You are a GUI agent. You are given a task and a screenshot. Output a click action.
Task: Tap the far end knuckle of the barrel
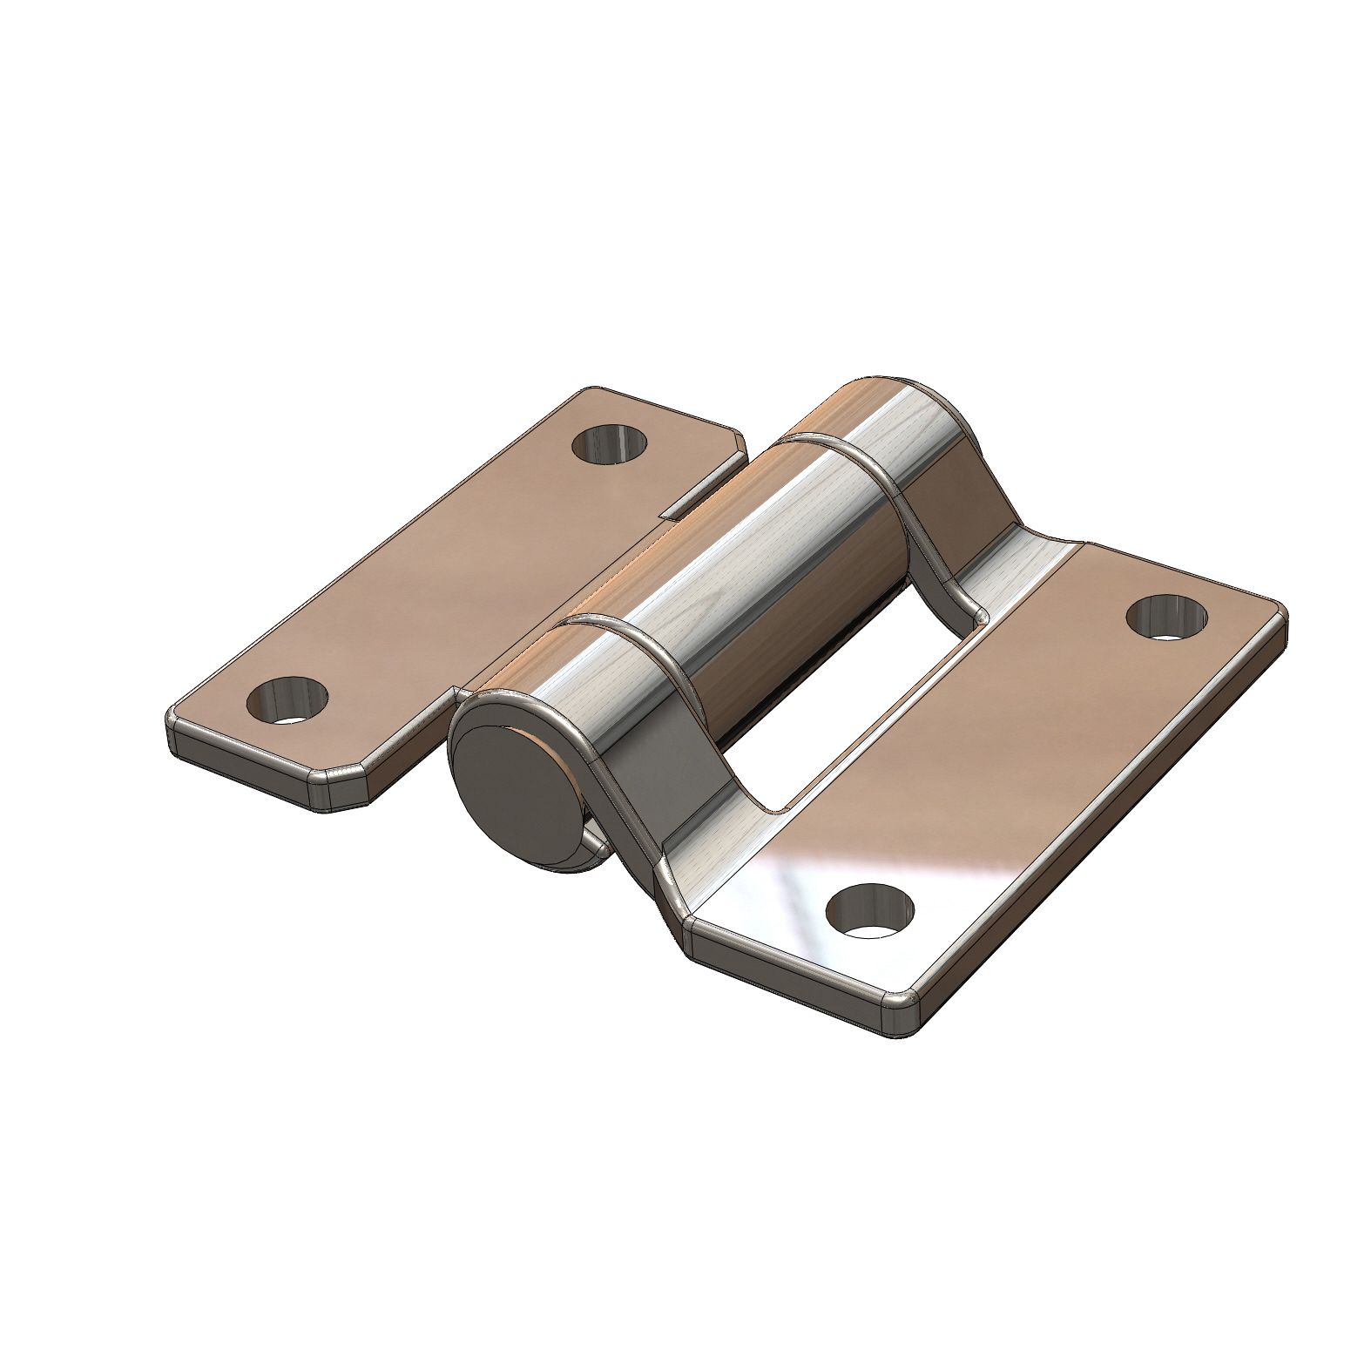(880, 427)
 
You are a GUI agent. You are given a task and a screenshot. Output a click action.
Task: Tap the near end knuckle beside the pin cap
(557, 697)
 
